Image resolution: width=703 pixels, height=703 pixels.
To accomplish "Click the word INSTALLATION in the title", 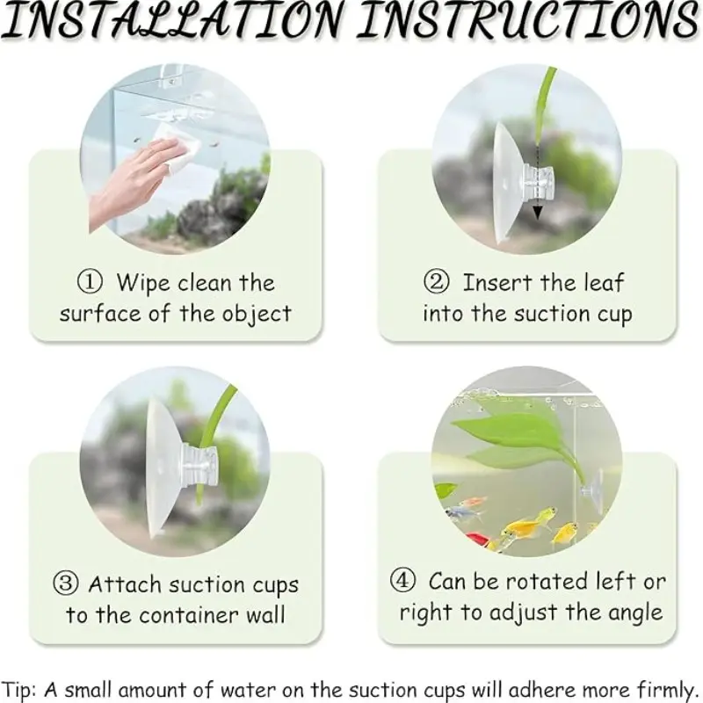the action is pos(171,19).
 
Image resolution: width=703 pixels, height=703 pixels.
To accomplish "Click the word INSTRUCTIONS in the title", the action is pos(529,19).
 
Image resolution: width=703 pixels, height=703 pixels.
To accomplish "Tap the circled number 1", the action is pos(90,282).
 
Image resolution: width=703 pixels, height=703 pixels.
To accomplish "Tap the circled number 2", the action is pos(436,282).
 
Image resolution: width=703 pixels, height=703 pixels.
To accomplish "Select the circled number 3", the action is pos(65,583).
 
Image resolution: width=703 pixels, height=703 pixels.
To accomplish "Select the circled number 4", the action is pos(402,580).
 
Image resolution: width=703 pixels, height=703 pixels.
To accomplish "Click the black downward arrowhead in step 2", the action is pos(537,213).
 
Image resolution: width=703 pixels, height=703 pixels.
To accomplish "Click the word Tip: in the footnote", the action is pos(18,690).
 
